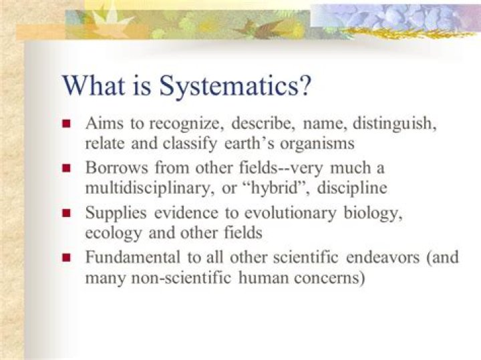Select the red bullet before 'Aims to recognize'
(67, 124)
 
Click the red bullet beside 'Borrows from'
(67, 168)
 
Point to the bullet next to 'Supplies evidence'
(67, 213)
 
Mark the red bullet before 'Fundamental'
(67, 257)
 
